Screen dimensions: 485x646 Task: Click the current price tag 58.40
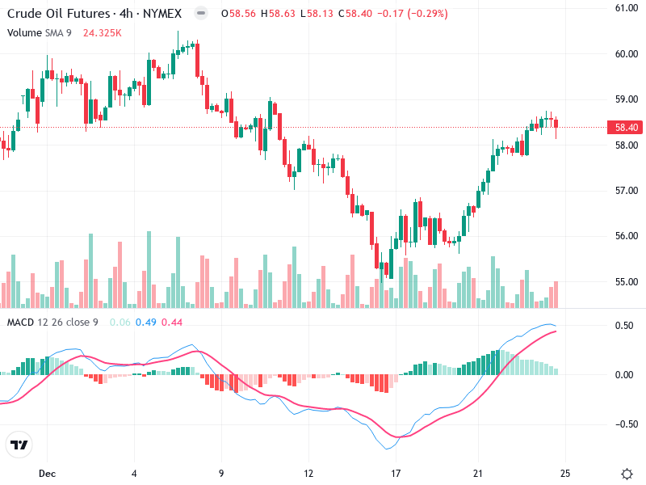coord(627,128)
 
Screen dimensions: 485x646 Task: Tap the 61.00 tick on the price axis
coord(627,8)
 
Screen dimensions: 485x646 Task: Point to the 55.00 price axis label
coord(627,282)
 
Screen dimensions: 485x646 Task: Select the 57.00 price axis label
coord(627,191)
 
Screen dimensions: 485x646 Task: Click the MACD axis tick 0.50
coord(624,326)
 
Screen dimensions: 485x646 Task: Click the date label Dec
coord(47,472)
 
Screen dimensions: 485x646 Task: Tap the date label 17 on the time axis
coord(396,472)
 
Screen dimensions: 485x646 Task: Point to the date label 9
coord(220,472)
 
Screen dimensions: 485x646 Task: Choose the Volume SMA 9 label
coord(41,32)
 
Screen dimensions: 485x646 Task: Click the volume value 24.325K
coord(103,32)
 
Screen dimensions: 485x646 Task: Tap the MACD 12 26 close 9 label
coord(52,323)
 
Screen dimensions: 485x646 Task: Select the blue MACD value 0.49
coord(146,323)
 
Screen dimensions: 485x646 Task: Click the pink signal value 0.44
coord(172,323)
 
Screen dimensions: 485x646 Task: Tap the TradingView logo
coord(19,445)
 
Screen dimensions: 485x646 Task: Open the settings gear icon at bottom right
coord(627,473)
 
